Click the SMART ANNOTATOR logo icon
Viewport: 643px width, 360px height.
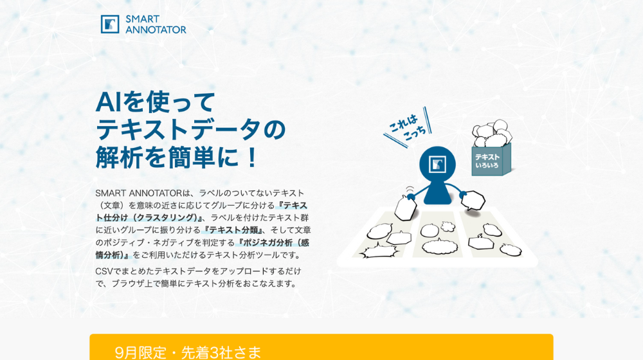pyautogui.click(x=110, y=24)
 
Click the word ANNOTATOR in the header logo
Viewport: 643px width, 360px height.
pyautogui.click(x=156, y=30)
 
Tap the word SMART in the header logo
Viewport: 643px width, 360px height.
pyautogui.click(x=142, y=19)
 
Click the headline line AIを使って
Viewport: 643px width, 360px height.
pyautogui.click(x=156, y=102)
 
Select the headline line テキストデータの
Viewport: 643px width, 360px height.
pyautogui.click(x=190, y=129)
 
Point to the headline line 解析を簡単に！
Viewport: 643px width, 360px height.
pyautogui.click(x=177, y=157)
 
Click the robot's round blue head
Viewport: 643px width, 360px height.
pyautogui.click(x=437, y=164)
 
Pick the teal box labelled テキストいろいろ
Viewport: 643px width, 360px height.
pyautogui.click(x=491, y=160)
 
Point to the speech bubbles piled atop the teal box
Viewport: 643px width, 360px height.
pyautogui.click(x=492, y=132)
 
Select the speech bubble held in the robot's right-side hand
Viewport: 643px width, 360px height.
pyautogui.click(x=473, y=200)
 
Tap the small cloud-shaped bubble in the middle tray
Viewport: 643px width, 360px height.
pyautogui.click(x=447, y=227)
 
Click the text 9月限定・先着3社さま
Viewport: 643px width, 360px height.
pyautogui.click(x=188, y=352)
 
